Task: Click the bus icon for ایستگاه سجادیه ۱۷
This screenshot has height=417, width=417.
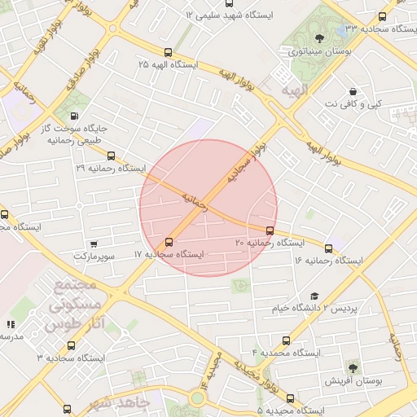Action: pyautogui.click(x=169, y=242)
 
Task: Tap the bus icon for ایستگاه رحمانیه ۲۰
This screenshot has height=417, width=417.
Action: pyautogui.click(x=270, y=230)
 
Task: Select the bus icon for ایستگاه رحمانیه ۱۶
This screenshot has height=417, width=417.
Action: pyautogui.click(x=329, y=248)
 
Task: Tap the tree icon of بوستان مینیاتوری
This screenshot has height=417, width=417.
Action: pyautogui.click(x=318, y=37)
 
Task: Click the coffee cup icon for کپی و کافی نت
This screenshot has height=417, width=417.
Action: pyautogui.click(x=352, y=91)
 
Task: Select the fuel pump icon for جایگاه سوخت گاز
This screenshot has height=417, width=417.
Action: pyautogui.click(x=76, y=116)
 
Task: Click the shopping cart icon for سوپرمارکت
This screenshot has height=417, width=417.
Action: pyautogui.click(x=94, y=244)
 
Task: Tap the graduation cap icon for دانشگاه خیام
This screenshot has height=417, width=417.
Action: pyautogui.click(x=314, y=296)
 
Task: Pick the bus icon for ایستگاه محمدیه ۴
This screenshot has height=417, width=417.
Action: pyautogui.click(x=286, y=340)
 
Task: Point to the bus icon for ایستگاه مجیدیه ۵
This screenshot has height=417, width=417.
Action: pyautogui.click(x=290, y=398)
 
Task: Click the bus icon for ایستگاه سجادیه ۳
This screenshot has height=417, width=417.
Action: pyautogui.click(x=67, y=408)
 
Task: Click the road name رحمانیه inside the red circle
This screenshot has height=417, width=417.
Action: pyautogui.click(x=195, y=202)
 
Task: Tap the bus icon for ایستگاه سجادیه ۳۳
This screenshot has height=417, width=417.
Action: pyautogui.click(x=383, y=16)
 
